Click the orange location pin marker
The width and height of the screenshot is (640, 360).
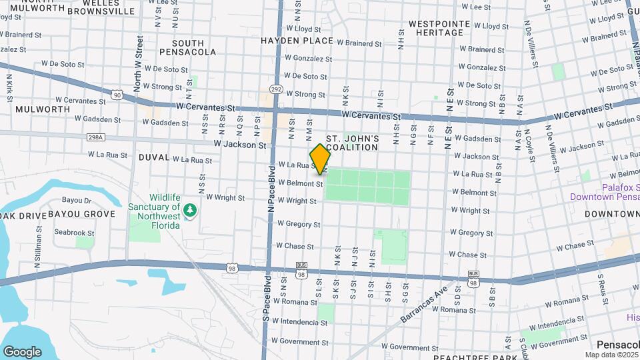pyautogui.click(x=321, y=159)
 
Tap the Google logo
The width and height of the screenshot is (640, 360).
pyautogui.click(x=22, y=351)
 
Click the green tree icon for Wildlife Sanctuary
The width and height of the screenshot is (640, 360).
pyautogui.click(x=191, y=210)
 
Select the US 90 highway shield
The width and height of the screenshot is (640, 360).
pyautogui.click(x=117, y=95)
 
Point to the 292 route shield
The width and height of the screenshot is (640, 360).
pyautogui.click(x=276, y=89)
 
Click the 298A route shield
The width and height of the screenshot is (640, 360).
pyautogui.click(x=96, y=137)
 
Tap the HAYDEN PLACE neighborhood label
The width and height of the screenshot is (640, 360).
pyautogui.click(x=296, y=41)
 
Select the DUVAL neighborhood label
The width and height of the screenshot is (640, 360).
pyautogui.click(x=153, y=157)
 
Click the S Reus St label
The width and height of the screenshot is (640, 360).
pyautogui.click(x=600, y=285)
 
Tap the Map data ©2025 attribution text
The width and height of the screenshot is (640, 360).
pyautogui.click(x=611, y=355)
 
